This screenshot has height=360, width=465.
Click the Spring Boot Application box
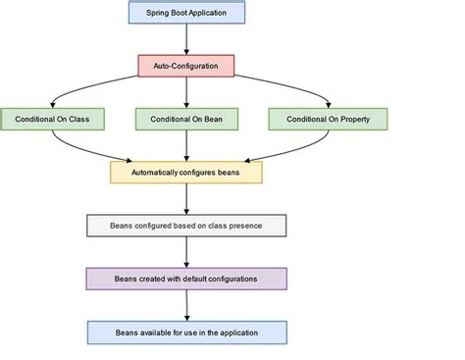[186, 12]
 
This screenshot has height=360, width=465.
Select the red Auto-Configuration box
[186, 65]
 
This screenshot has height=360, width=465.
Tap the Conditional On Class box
[53, 119]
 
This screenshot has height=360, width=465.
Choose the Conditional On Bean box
[186, 119]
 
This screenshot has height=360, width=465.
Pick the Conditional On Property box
[328, 119]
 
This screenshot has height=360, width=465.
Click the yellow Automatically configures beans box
[186, 173]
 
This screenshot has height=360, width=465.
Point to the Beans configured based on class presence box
[186, 226]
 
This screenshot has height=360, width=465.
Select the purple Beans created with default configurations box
[186, 279]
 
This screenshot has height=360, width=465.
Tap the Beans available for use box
[186, 333]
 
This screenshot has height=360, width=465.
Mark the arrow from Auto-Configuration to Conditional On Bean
[186, 91]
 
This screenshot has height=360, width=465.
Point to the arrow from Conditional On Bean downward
[186, 145]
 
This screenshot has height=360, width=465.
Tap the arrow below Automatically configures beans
[186, 199]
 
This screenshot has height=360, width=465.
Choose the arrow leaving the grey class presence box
[186, 252]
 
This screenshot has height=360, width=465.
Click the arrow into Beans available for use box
[186, 305]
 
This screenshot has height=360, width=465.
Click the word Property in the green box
[353, 119]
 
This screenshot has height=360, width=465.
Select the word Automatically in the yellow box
[158, 173]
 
